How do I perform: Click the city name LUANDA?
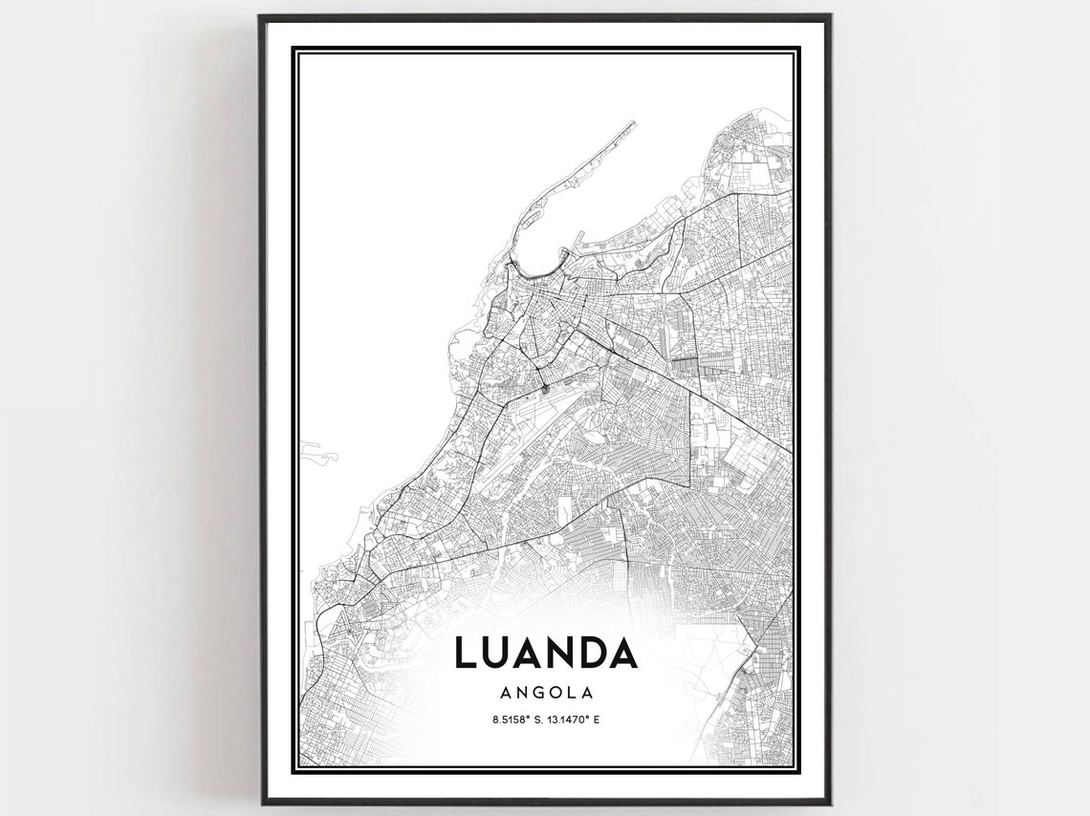coord(545,653)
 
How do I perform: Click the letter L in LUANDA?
coord(464,653)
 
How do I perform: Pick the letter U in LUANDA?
coord(494,653)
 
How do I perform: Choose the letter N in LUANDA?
coord(558,653)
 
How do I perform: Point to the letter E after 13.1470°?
coord(597,719)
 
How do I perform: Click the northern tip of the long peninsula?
coord(633,122)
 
